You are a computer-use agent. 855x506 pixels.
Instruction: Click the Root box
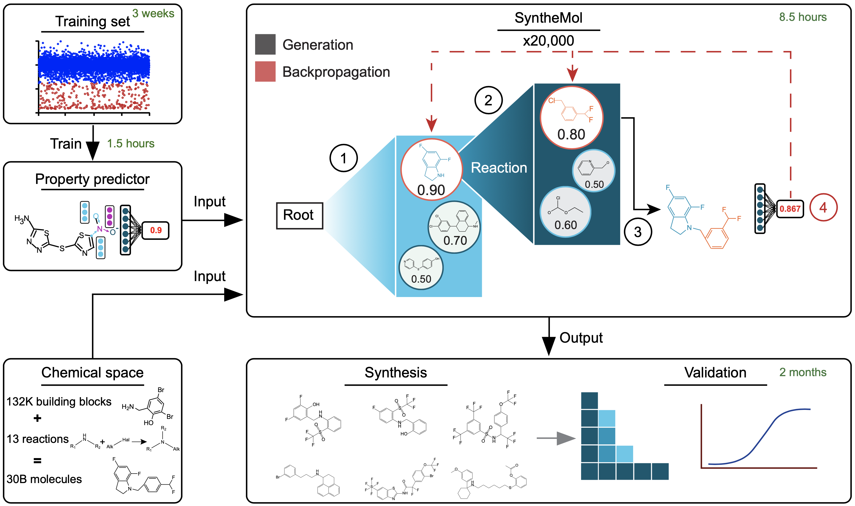[299, 215]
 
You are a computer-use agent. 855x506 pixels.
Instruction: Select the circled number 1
[343, 158]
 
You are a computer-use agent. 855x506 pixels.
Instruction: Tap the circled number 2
[488, 100]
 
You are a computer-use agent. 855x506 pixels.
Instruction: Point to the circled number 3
[638, 232]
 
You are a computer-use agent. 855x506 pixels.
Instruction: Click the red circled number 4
[823, 207]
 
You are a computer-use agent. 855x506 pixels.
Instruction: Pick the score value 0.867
[790, 209]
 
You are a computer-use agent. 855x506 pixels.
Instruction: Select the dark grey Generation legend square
[265, 44]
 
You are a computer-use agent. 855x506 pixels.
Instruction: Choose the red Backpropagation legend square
[265, 72]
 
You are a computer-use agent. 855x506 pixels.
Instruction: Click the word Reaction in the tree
[499, 168]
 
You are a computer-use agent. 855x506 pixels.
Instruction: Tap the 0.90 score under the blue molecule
[431, 190]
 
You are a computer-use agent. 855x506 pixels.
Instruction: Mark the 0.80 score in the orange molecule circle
[571, 134]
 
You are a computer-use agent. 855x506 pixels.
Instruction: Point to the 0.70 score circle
[455, 240]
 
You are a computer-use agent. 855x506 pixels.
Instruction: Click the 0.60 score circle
[565, 225]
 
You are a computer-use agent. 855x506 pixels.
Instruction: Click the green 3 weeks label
[153, 13]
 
